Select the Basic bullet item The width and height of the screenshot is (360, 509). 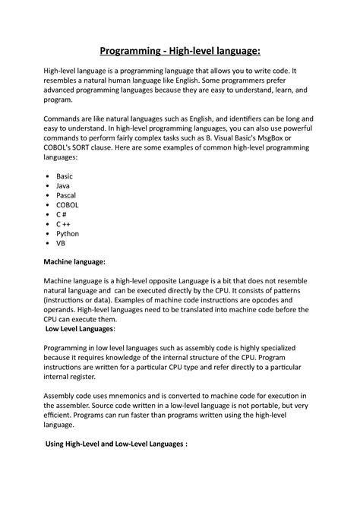pyautogui.click(x=65, y=175)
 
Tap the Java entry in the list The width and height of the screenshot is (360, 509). pyautogui.click(x=63, y=185)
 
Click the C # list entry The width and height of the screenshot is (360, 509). pyautogui.click(x=62, y=215)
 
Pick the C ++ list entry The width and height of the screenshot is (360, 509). pyautogui.click(x=63, y=225)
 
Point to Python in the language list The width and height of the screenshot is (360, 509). pyautogui.click(x=68, y=235)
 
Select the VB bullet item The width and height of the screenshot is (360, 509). pyautogui.click(x=61, y=245)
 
